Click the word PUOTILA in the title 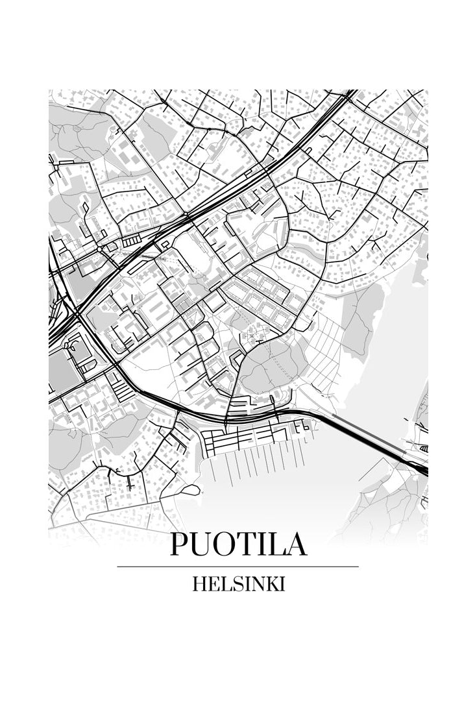click(238, 545)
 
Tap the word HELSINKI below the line click(238, 584)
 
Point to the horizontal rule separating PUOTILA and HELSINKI click(238, 567)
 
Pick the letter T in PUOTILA click(250, 545)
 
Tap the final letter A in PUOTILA click(296, 545)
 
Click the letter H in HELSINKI click(199, 584)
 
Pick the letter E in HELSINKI click(212, 584)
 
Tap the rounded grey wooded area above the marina click(273, 367)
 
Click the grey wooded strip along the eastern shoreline click(363, 318)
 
